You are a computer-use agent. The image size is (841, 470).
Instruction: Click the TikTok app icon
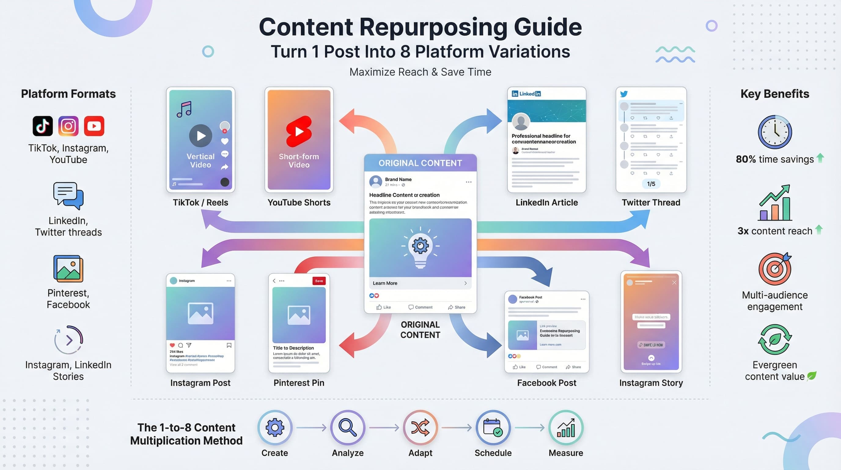coord(42,126)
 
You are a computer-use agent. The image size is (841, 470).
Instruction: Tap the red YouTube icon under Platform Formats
coord(94,126)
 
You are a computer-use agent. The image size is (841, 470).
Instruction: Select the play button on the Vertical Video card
coord(200,135)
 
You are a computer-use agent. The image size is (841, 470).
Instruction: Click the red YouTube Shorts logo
coord(299,131)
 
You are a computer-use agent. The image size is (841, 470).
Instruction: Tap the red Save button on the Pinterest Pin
coord(319,281)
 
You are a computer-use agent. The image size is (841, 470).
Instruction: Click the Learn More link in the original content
coord(385,283)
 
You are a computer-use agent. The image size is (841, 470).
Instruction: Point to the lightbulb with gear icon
coord(420,247)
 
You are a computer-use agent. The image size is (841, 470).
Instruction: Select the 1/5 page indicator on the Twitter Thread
coord(651,184)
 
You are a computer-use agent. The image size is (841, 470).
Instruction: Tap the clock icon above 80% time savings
coord(775,132)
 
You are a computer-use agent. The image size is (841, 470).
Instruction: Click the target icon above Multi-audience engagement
coord(775,269)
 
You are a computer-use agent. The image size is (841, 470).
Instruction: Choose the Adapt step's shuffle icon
coord(420,427)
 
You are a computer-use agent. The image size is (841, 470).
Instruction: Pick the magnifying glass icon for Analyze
coord(347,427)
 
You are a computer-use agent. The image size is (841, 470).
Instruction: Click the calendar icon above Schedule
coord(493,427)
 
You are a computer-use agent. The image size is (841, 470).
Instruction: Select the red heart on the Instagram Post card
coord(172,345)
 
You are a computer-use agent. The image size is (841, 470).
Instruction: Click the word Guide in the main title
coord(548,27)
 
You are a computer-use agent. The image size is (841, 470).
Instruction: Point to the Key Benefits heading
coord(775,94)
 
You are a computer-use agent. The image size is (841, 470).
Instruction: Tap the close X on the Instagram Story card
coord(674,282)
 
